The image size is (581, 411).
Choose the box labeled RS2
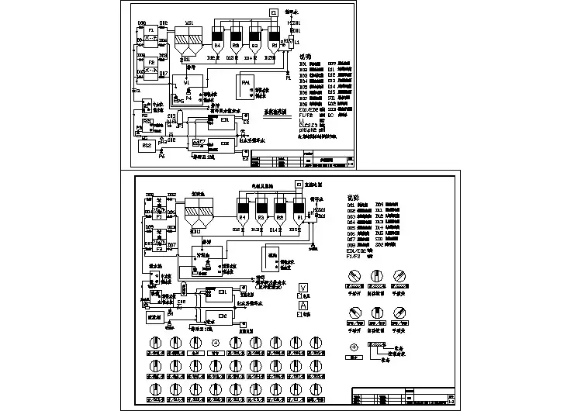(x=146, y=145)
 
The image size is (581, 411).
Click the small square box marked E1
(x=273, y=12)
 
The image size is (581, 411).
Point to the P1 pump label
(x=289, y=78)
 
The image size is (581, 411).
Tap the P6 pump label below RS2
(x=161, y=157)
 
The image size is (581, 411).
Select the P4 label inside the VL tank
(x=188, y=92)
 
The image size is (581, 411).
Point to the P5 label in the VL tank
(x=180, y=100)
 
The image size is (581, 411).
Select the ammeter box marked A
(x=302, y=305)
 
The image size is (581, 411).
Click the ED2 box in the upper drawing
(x=225, y=143)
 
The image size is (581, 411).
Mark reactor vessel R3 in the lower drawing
(x=261, y=218)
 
